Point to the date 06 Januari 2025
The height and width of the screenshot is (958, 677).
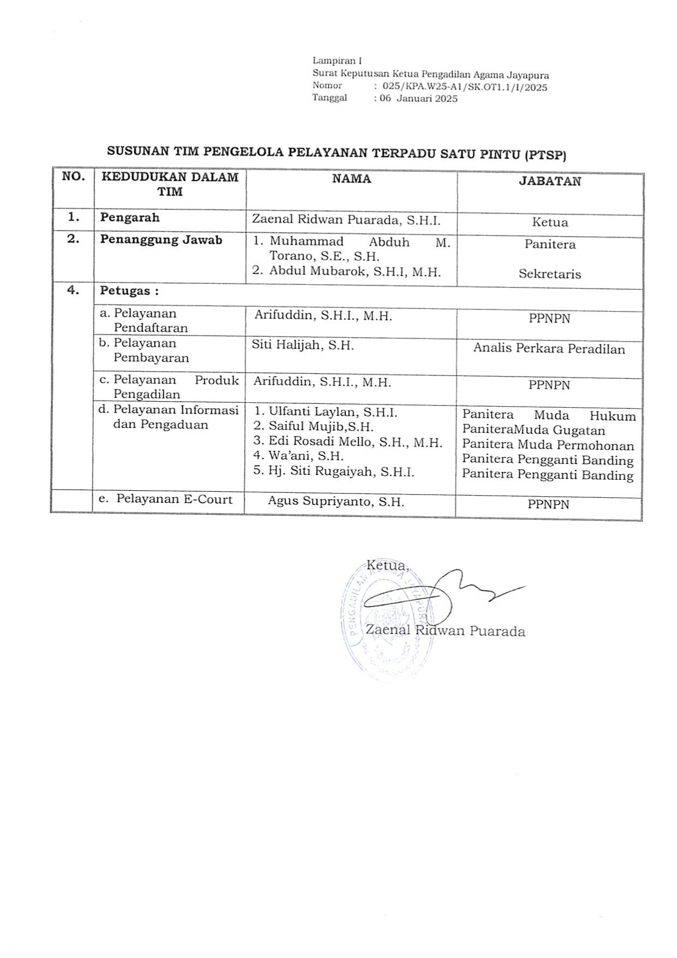coord(418,99)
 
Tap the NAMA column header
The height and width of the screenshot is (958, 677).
coord(352,179)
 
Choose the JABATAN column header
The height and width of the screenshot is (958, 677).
coord(550,181)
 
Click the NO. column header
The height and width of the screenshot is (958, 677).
coord(74,177)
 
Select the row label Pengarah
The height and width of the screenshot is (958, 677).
coord(130,217)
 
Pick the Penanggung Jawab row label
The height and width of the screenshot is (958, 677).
coord(161,240)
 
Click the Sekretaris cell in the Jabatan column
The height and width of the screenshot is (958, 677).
coord(550,274)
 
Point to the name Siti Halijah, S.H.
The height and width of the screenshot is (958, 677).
coord(302,345)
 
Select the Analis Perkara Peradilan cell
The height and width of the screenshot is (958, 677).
coord(549,349)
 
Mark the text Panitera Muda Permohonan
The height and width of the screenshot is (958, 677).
coord(548,445)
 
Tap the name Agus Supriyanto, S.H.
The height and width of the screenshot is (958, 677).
coord(336,501)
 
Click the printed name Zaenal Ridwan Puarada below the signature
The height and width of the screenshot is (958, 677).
coord(445,632)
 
